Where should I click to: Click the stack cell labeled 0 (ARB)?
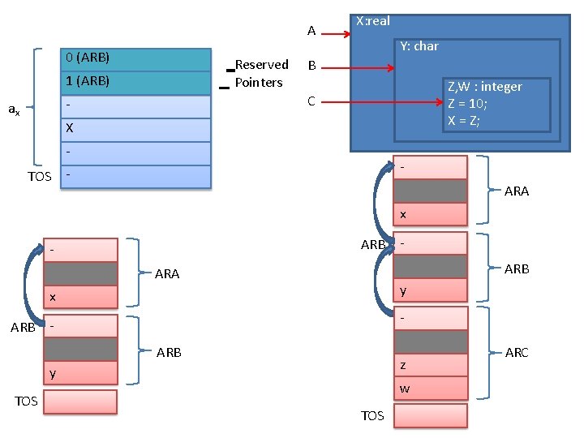tap(135, 59)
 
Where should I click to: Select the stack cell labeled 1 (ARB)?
tap(135, 83)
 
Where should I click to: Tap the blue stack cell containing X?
tap(135, 129)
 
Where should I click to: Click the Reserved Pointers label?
tap(260, 74)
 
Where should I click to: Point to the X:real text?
tap(373, 22)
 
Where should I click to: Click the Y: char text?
tap(419, 46)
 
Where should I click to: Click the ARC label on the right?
tap(516, 352)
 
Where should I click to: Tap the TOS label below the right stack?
tap(372, 416)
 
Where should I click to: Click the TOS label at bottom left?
tap(27, 401)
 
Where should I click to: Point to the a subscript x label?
tap(15, 108)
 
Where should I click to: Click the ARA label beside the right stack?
tap(516, 191)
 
